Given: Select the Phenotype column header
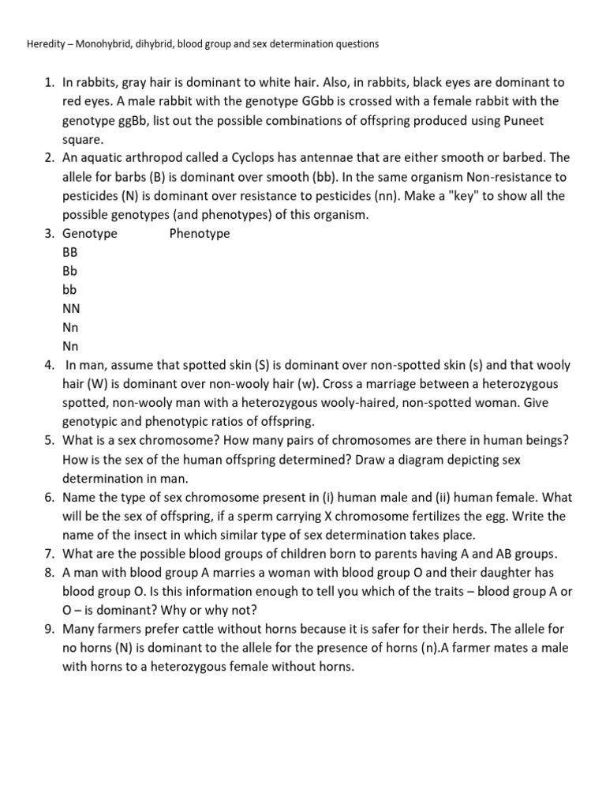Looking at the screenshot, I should pyautogui.click(x=200, y=234).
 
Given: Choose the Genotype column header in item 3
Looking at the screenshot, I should pyautogui.click(x=90, y=234).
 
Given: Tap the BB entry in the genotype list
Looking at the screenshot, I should pyautogui.click(x=70, y=253).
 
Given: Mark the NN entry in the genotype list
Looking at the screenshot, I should pyautogui.click(x=71, y=309).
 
